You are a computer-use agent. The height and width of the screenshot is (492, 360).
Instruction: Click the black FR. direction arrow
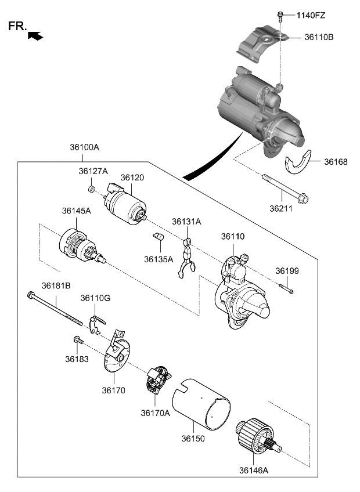(x=35, y=36)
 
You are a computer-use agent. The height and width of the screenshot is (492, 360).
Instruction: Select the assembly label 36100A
(x=84, y=147)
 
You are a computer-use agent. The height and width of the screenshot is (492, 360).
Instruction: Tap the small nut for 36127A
(x=92, y=189)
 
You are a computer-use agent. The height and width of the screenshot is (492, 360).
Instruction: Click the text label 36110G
(x=95, y=298)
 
